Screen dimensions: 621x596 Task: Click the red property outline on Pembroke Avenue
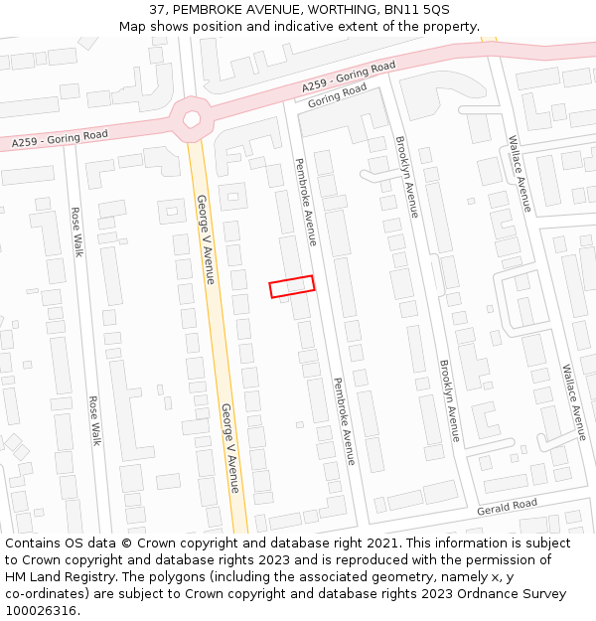[292, 286]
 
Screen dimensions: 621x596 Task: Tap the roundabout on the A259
[192, 120]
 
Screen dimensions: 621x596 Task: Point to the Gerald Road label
[507, 507]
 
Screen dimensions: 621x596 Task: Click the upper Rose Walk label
[75, 232]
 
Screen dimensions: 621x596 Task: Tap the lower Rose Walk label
[95, 420]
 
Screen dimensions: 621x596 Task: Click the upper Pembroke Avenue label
[305, 202]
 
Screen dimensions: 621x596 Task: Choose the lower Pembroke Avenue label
[344, 421]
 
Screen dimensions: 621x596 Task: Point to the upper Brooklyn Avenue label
[406, 177]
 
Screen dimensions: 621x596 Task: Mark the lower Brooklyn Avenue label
[450, 401]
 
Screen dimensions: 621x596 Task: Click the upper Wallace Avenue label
[521, 174]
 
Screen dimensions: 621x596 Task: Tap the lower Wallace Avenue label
[574, 402]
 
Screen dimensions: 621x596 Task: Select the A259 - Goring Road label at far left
[60, 139]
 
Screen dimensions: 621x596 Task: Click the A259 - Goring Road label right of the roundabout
[349, 78]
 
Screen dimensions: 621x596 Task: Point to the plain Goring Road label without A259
[337, 96]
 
